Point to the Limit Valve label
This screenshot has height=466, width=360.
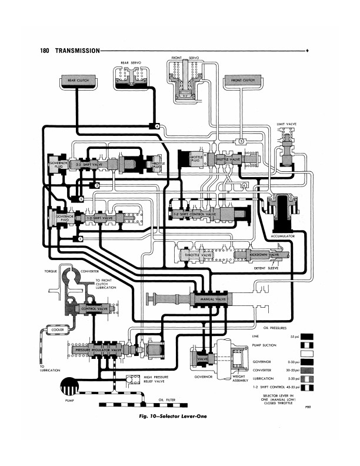[x=287, y=125]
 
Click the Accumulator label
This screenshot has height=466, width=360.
[x=283, y=235]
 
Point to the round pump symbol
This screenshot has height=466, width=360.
[x=72, y=387]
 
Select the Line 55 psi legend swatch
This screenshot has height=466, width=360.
[x=307, y=337]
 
